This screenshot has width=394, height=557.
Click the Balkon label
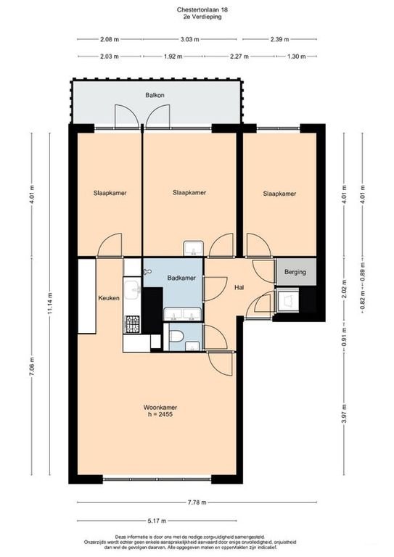click(x=155, y=94)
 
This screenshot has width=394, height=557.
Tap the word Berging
click(x=295, y=272)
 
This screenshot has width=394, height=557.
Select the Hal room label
click(x=239, y=287)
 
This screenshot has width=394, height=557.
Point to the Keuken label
click(x=109, y=297)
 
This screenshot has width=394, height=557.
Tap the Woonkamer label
click(x=160, y=408)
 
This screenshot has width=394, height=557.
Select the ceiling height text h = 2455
click(x=160, y=416)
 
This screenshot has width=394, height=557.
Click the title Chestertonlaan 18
click(x=197, y=9)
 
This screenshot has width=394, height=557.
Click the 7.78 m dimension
click(x=197, y=503)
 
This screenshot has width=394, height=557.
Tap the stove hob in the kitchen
click(x=134, y=326)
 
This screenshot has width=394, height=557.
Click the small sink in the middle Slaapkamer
click(x=193, y=249)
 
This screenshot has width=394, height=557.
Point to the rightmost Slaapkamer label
click(x=279, y=194)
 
